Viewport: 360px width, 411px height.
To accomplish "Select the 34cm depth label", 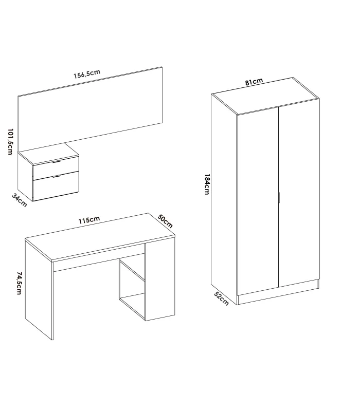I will point(19,201).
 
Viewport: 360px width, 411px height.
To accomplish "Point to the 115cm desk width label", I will point(89,220).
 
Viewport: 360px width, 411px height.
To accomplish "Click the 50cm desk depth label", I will point(164,222).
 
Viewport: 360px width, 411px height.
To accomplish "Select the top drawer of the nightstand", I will point(56,167).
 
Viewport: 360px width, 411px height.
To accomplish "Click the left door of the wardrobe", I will point(257,203).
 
